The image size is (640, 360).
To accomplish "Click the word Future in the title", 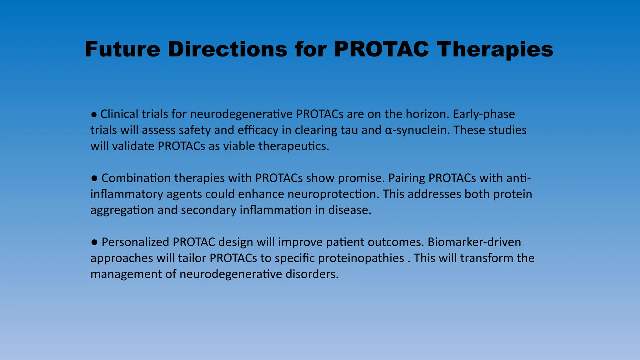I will (122, 49).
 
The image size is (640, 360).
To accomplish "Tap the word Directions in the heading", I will (227, 49).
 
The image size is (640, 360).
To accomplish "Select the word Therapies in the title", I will (495, 49).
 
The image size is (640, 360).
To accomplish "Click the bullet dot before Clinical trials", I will (94, 115).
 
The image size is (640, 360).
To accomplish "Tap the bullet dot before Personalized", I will (94, 242).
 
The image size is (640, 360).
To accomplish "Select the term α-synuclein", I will (417, 130).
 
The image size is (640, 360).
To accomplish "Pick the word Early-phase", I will (484, 114).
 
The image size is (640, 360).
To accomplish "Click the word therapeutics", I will (294, 146).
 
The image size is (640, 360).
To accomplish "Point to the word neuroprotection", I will (333, 194).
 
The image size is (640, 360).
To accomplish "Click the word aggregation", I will (122, 210).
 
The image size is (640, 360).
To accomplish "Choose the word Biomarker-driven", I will (474, 242).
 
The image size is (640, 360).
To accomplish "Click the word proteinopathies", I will (361, 258).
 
